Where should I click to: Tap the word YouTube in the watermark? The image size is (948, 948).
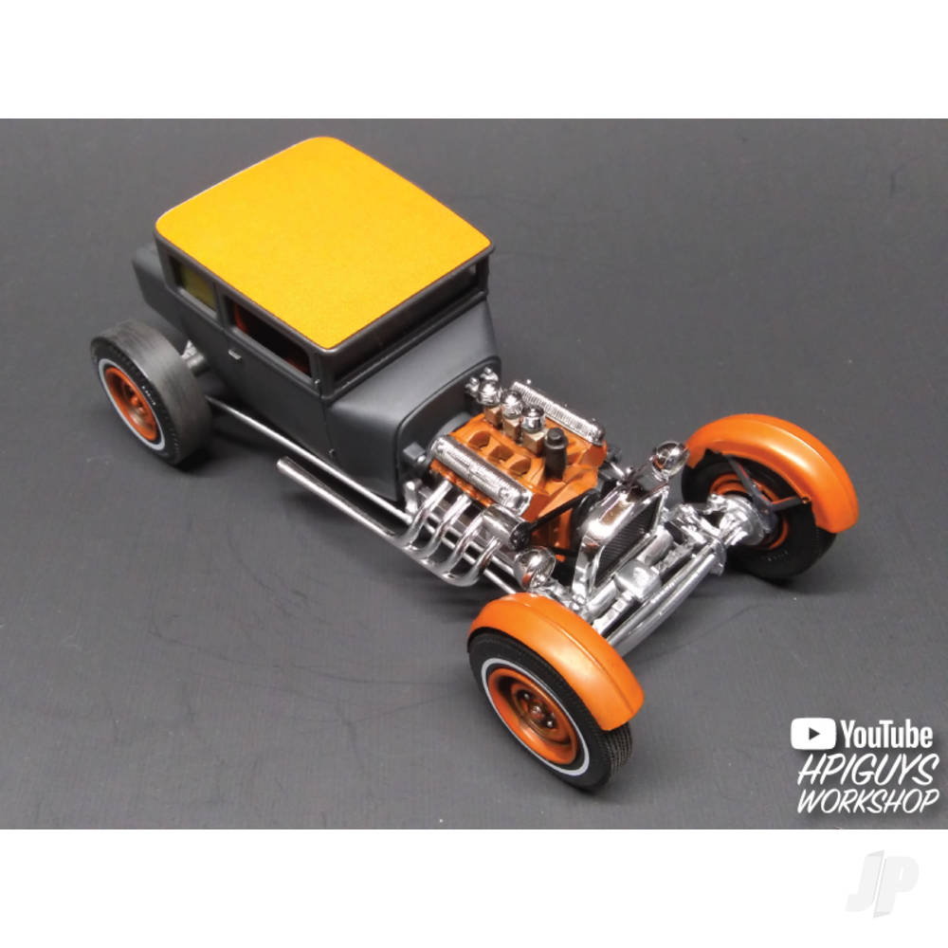[885, 735]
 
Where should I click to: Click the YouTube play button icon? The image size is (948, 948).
[812, 734]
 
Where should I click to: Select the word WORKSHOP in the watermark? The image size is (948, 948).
[868, 800]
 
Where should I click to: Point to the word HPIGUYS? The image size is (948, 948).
[868, 770]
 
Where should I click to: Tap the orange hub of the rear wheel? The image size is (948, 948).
[130, 404]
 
